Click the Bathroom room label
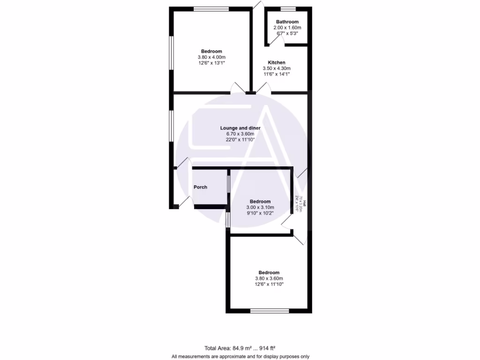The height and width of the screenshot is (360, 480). point(287,22)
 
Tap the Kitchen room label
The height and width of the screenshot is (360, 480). point(277,62)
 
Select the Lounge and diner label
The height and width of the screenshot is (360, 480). point(240,127)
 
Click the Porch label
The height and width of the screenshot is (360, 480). point(200,187)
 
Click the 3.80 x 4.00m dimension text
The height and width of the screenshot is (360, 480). point(211,57)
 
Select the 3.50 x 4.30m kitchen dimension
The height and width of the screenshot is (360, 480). point(277,68)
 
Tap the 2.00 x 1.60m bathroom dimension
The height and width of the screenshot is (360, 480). point(287,28)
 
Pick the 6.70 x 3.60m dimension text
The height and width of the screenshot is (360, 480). point(240,134)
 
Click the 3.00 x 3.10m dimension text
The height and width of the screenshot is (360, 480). point(260,207)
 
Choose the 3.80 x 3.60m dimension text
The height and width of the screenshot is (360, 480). point(269,278)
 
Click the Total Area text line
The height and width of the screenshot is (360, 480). point(240,348)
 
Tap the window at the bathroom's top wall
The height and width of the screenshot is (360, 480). point(288,8)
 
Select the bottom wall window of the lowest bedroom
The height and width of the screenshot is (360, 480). point(269,310)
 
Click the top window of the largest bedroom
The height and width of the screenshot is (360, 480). point(211,8)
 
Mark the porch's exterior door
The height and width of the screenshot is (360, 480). point(185,202)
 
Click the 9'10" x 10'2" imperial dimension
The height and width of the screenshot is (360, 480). point(260,213)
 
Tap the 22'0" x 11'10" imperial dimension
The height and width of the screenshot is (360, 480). point(240,139)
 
